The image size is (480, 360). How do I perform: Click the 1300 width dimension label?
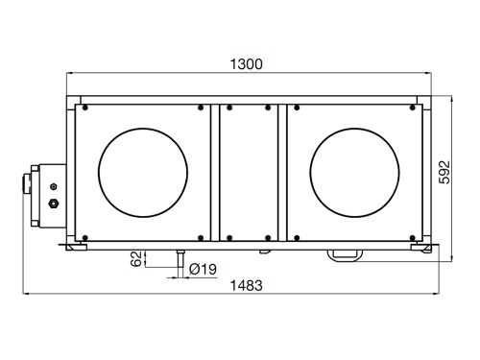[x=247, y=64]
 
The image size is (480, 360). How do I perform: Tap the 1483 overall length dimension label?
[x=247, y=285]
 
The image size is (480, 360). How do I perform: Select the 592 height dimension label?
[x=444, y=172]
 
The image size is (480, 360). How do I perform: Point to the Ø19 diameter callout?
[x=203, y=269]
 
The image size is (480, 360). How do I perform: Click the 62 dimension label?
[x=136, y=258]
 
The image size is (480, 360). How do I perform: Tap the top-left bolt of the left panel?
[x=85, y=108]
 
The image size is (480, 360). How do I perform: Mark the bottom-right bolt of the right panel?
[x=413, y=238]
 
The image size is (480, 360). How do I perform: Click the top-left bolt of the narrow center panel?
[x=229, y=108]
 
